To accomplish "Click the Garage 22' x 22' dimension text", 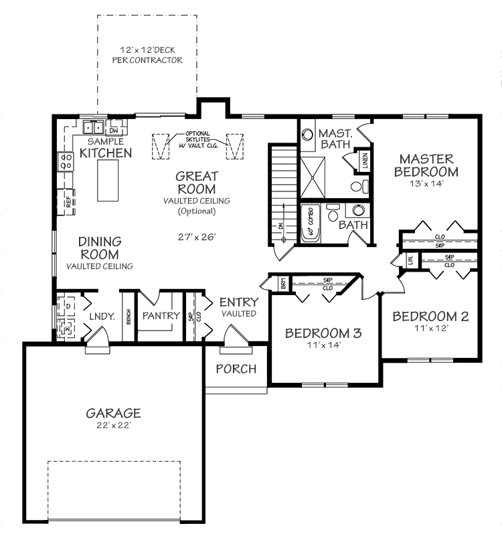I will click(x=113, y=425).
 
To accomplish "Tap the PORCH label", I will click(x=236, y=369).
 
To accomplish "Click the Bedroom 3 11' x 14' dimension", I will click(x=323, y=345).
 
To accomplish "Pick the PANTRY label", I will click(x=162, y=315).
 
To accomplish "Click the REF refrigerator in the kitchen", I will click(x=68, y=200).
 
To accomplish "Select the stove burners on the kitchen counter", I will click(x=66, y=161).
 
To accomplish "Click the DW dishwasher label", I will click(x=114, y=130).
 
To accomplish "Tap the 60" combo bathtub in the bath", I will click(x=311, y=224).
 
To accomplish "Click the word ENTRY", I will click(x=236, y=302).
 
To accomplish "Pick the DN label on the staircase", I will click(x=280, y=227).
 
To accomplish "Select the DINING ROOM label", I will click(x=99, y=248).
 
